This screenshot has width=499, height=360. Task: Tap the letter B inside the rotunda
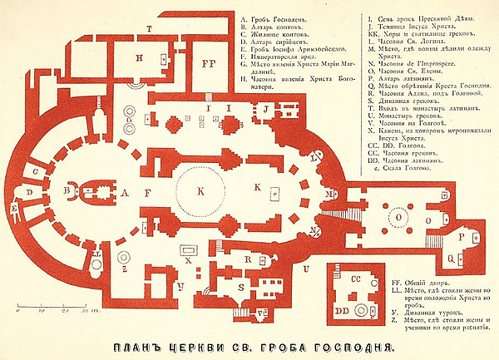point(66,190)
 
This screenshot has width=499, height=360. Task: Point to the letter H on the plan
point(140,57)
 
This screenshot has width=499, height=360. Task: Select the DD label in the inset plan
point(340,309)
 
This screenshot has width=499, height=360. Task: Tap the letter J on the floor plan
point(265,109)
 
